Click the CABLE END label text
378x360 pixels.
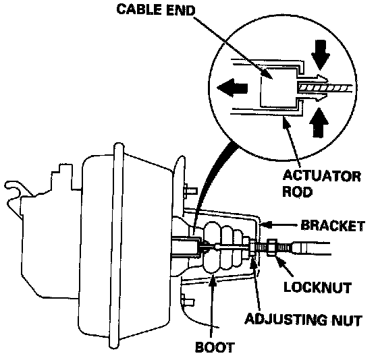tap(155, 10)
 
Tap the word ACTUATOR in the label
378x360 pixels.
tap(321, 176)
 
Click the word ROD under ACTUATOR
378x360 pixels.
tap(297, 191)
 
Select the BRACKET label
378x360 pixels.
tap(332, 226)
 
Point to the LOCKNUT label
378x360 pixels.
tap(317, 287)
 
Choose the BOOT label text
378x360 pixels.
tap(214, 347)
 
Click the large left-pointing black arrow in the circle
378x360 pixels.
tap(232, 88)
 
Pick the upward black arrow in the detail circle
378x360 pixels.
tap(319, 122)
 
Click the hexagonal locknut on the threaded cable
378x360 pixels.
tap(273, 247)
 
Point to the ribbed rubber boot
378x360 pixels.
tap(223, 247)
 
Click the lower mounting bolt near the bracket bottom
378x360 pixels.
tap(188, 301)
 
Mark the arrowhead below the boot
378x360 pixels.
tap(212, 280)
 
